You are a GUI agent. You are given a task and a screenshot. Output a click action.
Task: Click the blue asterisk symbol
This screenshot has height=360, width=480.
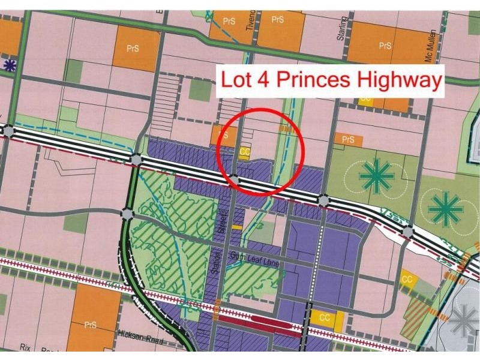coord(8,65)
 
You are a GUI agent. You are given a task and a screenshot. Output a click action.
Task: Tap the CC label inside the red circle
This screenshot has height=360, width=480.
coord(244,152)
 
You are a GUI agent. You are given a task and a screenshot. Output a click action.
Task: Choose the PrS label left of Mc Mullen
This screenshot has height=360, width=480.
coord(385,46)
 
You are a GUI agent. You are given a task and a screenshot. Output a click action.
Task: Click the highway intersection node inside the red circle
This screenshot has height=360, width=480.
coord(235,179)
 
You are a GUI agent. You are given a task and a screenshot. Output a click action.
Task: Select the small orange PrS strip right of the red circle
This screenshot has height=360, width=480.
coord(349,140)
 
